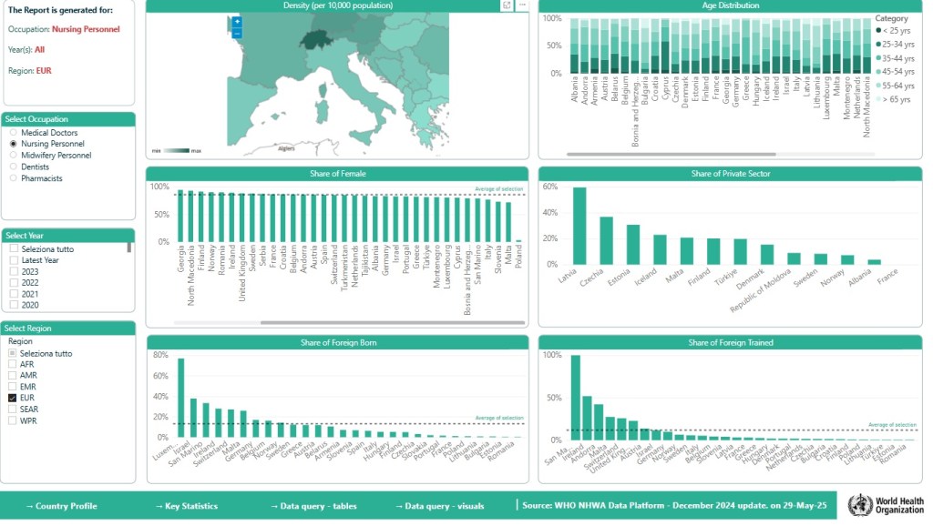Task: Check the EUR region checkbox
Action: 13,399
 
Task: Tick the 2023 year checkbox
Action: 14,271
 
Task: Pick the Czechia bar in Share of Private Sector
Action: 606,240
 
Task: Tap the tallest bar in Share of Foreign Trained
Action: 575,396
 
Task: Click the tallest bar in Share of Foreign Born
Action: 180,398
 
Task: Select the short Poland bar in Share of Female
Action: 518,240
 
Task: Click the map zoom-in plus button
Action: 237,21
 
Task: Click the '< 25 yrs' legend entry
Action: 894,30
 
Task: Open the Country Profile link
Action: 61,506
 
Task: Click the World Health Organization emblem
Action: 859,505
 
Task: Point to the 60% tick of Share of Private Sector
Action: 549,187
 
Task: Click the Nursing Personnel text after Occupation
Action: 86,29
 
